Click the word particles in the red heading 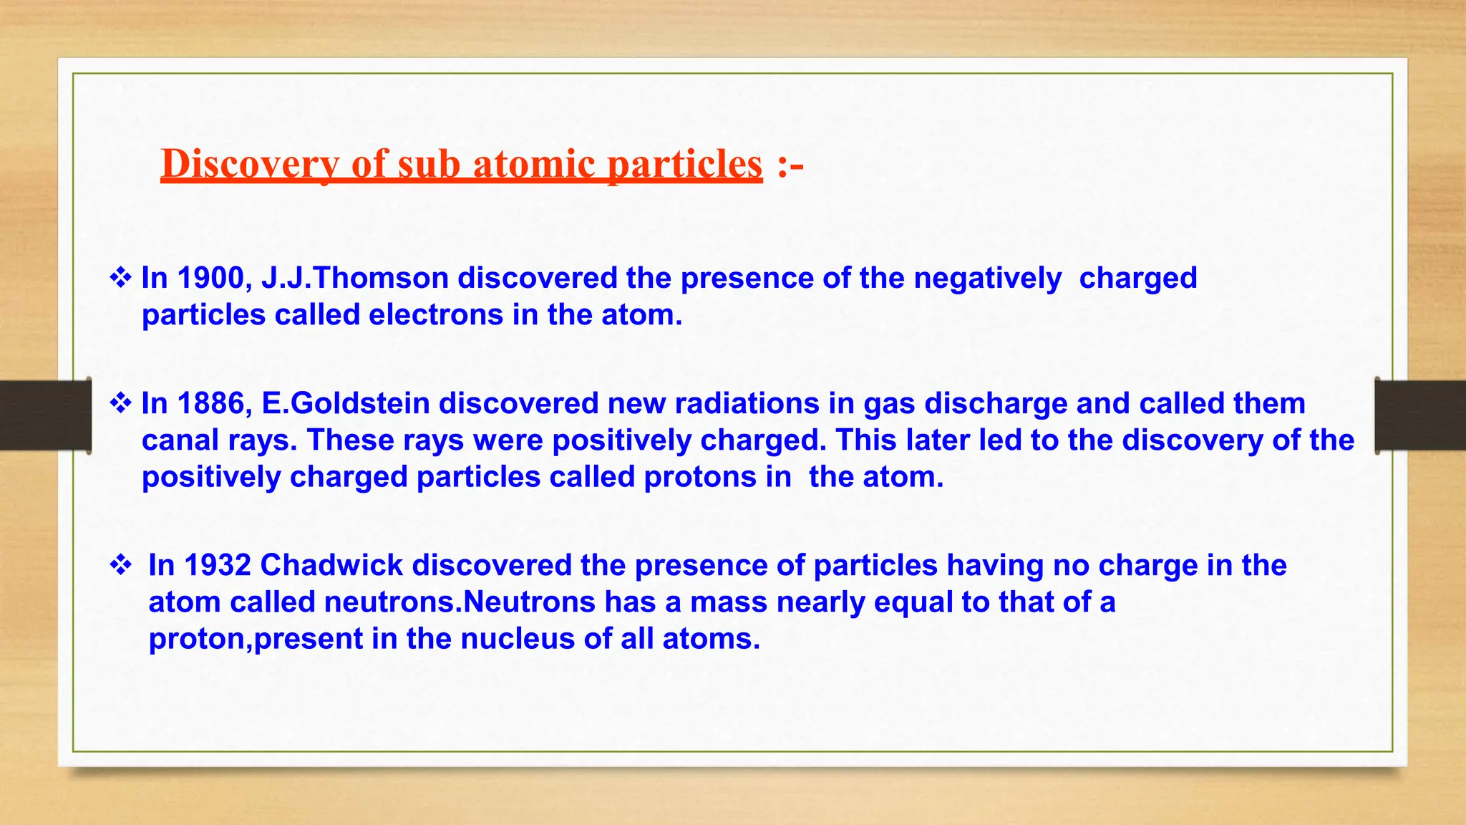(685, 163)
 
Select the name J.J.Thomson (355, 278)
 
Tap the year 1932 (217, 565)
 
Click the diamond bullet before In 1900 (120, 278)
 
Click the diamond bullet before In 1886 (120, 403)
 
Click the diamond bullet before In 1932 (120, 565)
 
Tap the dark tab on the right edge (1421, 415)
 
